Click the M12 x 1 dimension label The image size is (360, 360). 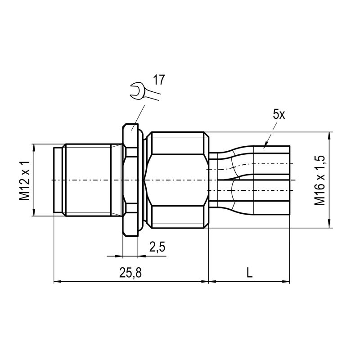click(25, 180)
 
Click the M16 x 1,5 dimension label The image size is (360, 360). click(320, 180)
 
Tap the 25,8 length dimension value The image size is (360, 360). click(130, 273)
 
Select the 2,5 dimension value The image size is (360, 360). click(157, 247)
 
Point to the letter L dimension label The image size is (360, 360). click(249, 273)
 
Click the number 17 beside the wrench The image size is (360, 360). click(159, 80)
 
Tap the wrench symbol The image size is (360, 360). click(144, 91)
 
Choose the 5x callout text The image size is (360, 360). click(279, 114)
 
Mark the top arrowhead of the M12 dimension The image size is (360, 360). click(34, 148)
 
